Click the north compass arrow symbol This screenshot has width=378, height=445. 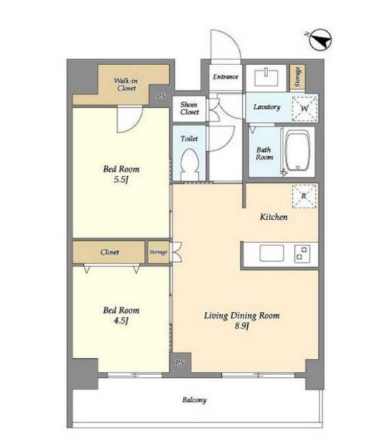(320, 40)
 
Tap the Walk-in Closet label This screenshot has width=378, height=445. (125, 84)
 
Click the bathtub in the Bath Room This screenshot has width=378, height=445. (297, 151)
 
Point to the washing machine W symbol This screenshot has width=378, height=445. (304, 109)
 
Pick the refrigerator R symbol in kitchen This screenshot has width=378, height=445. (304, 196)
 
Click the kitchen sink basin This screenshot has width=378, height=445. (272, 253)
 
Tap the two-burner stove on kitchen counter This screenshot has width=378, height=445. (302, 253)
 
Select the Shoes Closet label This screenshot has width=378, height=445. (189, 108)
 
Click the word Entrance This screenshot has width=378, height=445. (225, 77)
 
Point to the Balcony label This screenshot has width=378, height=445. (194, 400)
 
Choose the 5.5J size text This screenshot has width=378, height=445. (121, 179)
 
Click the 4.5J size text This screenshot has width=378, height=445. (121, 321)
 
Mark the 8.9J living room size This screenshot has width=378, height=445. (242, 326)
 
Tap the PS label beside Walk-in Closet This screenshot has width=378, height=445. (160, 96)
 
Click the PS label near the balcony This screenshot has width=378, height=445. (179, 363)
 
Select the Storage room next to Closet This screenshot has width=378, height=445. (158, 252)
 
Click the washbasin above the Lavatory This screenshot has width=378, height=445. (266, 77)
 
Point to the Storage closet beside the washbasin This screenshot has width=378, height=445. (297, 77)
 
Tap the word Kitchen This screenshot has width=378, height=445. (274, 217)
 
